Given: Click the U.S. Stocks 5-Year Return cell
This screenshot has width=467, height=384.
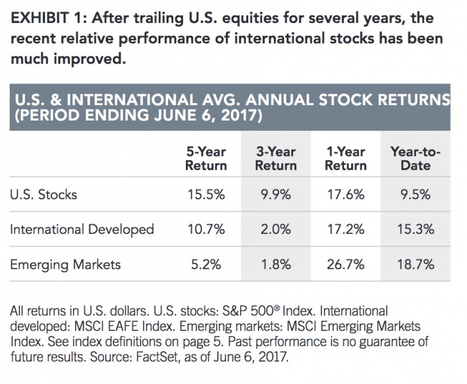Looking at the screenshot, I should (x=206, y=194).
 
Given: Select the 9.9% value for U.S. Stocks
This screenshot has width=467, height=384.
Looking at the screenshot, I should (x=277, y=194).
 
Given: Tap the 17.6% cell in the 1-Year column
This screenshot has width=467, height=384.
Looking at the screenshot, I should (x=345, y=194).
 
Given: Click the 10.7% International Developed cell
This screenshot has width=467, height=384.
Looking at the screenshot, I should (x=206, y=229).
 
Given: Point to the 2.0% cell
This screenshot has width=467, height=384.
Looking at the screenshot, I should (x=277, y=229).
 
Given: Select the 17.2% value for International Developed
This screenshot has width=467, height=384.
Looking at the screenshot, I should (x=345, y=229).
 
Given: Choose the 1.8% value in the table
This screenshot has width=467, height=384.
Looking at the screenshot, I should (x=277, y=263).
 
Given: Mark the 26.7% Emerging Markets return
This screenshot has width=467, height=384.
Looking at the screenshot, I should (x=345, y=263).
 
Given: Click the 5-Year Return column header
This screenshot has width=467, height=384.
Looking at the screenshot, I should (x=206, y=158).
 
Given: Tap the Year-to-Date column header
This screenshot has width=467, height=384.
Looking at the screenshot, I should (x=411, y=158).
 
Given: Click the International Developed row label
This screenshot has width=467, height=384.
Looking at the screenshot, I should (x=81, y=229).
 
